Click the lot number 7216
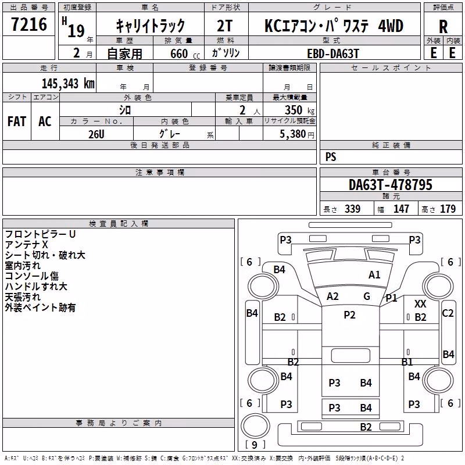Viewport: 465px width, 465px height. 29,24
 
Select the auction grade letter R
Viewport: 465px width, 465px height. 443,27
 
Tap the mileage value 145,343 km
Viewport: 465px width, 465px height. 68,84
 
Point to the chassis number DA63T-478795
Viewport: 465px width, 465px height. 391,185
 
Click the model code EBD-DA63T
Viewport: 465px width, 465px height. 333,53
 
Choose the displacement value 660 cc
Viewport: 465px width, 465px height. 185,54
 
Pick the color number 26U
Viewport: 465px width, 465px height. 96,134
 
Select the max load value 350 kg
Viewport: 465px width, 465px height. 299,110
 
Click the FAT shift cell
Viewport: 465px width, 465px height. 17,121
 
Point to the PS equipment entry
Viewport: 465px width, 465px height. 331,157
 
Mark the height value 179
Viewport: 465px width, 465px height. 448,209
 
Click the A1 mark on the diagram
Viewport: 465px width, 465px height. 374,275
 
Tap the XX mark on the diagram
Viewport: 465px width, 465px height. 420,303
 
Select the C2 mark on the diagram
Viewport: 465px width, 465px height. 448,313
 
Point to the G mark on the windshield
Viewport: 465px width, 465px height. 367,296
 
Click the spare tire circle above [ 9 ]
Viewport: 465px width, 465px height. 255,425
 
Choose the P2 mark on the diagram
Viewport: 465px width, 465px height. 349,314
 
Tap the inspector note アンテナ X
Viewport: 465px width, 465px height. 26,245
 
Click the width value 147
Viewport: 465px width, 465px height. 401,209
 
